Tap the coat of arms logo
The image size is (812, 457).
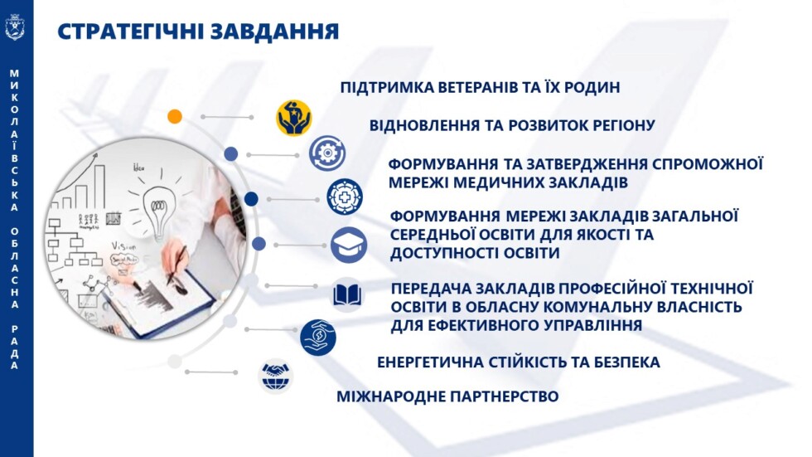pos(15,28)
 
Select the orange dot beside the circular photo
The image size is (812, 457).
pos(174,116)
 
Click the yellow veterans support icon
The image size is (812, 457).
pos(293,117)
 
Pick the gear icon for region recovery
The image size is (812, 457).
pos(326,153)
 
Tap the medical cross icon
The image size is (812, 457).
pos(344,197)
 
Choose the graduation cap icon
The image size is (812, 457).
pos(348,245)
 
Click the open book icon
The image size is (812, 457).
pos(348,294)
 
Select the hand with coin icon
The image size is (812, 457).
pos(318,338)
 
